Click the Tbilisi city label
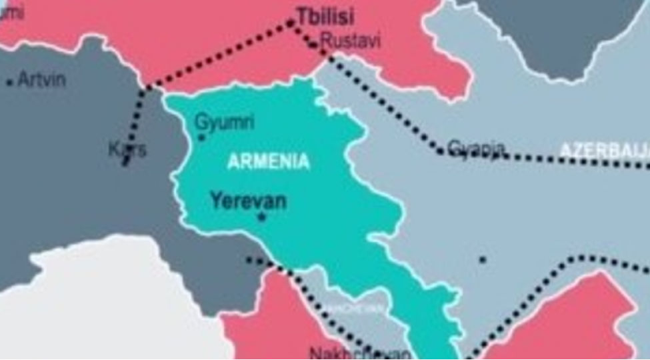point(325,17)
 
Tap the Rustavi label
point(351,41)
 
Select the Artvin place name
point(41,80)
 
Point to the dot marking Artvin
point(9,83)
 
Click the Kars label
point(128,149)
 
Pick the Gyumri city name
point(225,122)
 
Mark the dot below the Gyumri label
point(202,137)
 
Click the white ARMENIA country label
point(269,161)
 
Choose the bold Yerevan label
point(248,201)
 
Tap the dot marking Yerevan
point(261,217)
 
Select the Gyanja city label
point(476,148)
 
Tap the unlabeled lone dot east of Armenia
point(483,260)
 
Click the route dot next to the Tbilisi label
point(292,22)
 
